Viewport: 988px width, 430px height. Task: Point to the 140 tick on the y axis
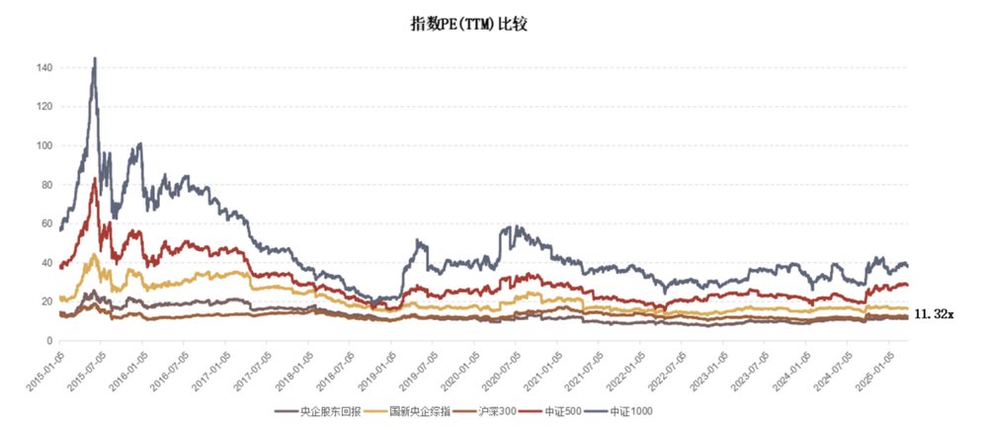[44, 67]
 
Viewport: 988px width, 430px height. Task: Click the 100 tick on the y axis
[44, 145]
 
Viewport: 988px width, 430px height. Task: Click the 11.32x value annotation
[934, 314]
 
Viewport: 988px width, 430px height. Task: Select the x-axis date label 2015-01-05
[44, 368]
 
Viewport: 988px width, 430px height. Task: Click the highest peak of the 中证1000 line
[95, 59]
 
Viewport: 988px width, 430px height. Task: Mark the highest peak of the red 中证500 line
[95, 179]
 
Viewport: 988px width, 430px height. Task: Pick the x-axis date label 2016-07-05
[170, 368]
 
